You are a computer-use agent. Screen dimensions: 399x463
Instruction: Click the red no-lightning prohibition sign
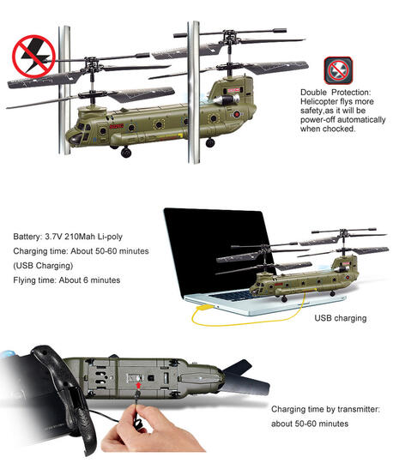[x=33, y=56]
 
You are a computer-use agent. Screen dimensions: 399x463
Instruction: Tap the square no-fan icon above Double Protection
[x=338, y=70]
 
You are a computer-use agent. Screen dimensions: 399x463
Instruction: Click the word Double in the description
[x=313, y=92]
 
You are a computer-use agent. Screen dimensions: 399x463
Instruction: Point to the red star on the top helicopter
[x=237, y=114]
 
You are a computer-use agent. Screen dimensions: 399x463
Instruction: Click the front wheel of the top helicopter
[x=126, y=153]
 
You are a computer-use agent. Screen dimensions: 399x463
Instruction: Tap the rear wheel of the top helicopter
[x=210, y=143]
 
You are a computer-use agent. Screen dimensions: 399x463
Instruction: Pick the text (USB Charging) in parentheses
[x=43, y=266]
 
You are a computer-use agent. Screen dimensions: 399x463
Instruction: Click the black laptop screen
[x=219, y=251]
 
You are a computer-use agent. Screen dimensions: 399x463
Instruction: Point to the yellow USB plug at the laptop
[x=205, y=308]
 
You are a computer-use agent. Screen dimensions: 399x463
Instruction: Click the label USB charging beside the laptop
[x=341, y=318]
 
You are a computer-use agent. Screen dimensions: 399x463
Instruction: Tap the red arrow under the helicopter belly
[x=138, y=385]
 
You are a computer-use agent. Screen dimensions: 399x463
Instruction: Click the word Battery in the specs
[x=27, y=237]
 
